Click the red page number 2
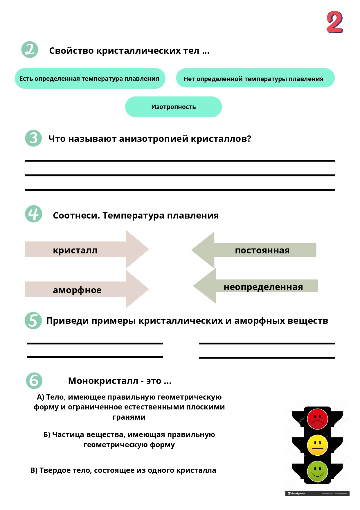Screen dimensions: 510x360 click(335, 22)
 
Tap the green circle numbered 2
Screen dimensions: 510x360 click(30, 49)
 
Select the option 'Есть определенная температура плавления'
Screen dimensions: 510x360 click(90, 78)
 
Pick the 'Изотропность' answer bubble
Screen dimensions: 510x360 click(173, 107)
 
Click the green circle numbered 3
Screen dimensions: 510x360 click(33, 138)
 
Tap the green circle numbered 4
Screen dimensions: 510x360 click(34, 214)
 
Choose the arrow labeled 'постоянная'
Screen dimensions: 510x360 click(255, 250)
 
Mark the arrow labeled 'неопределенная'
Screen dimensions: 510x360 click(257, 287)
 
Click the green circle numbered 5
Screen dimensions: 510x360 click(33, 321)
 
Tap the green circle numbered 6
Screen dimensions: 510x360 click(34, 381)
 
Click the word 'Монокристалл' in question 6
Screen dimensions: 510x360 click(103, 381)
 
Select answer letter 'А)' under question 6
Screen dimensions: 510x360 click(40, 397)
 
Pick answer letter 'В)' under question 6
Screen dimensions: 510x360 click(34, 470)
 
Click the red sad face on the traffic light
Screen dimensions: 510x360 click(317, 419)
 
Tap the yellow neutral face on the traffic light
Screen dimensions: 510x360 click(317, 445)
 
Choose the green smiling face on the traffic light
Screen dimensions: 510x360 click(317, 471)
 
